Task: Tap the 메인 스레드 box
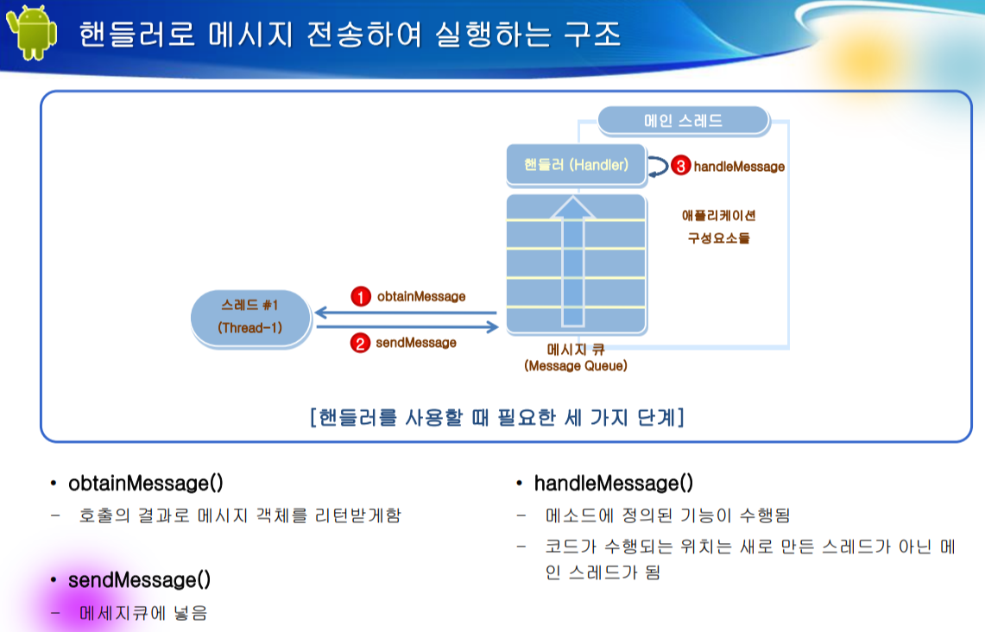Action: coord(683,121)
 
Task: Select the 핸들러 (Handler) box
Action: coord(576,164)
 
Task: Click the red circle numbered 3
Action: coord(681,167)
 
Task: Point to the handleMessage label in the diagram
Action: coord(739,167)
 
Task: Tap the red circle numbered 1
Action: coord(360,296)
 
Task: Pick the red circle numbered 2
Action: coord(359,343)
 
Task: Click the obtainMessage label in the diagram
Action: coord(421,296)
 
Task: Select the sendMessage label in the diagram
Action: coord(416,343)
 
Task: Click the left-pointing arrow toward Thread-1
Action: coord(406,313)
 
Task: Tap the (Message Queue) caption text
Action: coord(576,366)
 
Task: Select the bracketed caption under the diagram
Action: coord(497,418)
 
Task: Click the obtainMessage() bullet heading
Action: coord(145,483)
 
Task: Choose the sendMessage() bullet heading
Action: coord(139,579)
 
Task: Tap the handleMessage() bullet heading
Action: coord(613,483)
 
